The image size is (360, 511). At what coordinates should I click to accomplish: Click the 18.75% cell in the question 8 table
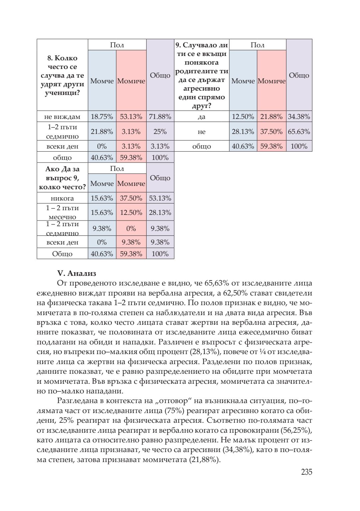coord(102,117)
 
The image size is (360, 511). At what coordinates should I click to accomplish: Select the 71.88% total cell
coord(160,117)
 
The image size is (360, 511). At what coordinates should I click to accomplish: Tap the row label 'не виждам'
coord(62,117)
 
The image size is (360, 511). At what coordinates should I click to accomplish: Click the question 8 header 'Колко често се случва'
coord(62,75)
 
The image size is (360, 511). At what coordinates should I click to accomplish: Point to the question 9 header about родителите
coord(201,75)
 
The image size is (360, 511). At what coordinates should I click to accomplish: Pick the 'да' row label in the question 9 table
coord(201,117)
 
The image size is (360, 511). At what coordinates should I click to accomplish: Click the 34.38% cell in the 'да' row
coord(299,117)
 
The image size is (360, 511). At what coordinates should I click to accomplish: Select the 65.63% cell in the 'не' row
coord(299,132)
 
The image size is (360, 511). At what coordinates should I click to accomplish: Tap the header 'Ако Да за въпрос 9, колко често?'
coord(62,178)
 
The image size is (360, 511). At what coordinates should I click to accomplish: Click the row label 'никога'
coord(62,198)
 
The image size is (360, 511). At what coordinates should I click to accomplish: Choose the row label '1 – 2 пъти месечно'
coord(62,213)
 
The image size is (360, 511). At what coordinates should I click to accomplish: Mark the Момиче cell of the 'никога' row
coord(131,198)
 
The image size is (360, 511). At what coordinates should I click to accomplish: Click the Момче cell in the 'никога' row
coord(102,198)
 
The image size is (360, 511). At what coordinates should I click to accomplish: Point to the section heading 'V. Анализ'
coord(77,273)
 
